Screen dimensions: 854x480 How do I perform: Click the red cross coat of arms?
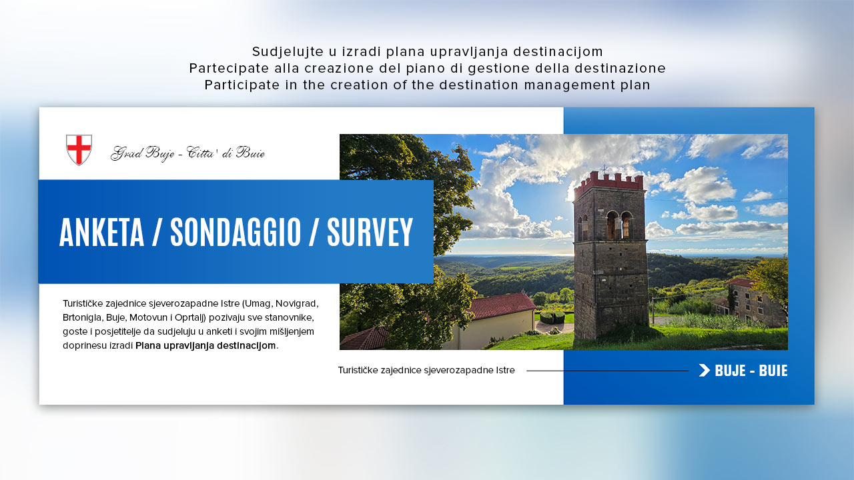point(79,150)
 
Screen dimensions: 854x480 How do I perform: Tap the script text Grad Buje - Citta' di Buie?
point(187,153)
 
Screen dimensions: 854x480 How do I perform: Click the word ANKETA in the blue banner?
point(102,233)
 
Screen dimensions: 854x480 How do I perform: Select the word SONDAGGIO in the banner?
point(236,233)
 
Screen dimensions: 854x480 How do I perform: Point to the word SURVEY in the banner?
point(370,233)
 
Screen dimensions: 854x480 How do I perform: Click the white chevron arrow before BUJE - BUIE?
point(705,370)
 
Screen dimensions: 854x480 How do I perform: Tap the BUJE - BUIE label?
point(751,371)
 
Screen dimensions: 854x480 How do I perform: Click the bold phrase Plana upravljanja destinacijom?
point(205,345)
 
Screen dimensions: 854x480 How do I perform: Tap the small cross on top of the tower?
point(604,169)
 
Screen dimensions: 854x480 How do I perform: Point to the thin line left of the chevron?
point(607,371)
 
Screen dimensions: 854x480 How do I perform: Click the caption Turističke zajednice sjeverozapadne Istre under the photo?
point(426,370)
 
